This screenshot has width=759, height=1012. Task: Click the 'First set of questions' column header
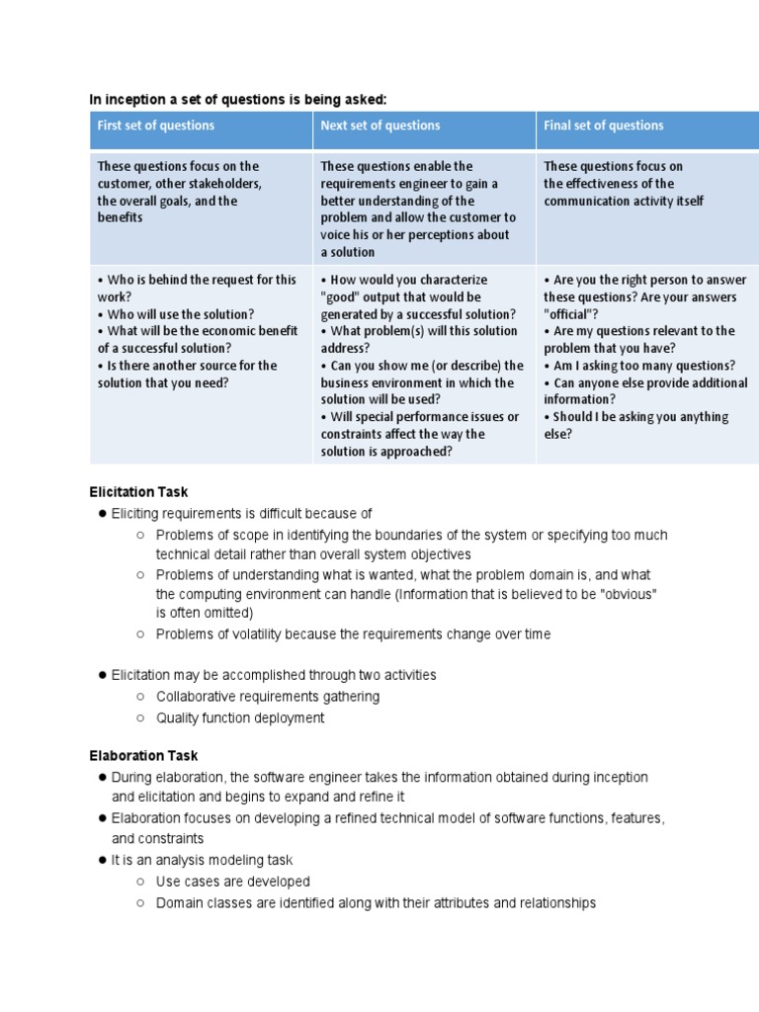point(156,126)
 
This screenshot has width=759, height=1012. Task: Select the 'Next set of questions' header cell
point(380,126)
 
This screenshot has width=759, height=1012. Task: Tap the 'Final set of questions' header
point(604,126)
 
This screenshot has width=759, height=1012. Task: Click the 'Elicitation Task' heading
point(138,492)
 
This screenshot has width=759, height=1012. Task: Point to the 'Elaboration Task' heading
point(140,756)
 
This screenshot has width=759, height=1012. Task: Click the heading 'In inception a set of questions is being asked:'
point(238,99)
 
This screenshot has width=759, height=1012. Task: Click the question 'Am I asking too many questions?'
point(643,366)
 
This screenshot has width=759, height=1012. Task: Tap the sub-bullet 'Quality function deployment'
point(240,718)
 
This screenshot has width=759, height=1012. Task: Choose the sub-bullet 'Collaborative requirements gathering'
point(267,697)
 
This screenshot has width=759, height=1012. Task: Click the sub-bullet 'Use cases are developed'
point(233,882)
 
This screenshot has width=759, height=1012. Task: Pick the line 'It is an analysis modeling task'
point(202,860)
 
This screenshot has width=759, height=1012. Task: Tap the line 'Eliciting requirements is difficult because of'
point(241,514)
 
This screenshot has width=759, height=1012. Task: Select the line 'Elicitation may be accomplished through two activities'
point(274,675)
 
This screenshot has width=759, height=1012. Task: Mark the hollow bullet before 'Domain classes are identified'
point(141,903)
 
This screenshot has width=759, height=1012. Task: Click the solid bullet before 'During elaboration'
point(102,778)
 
